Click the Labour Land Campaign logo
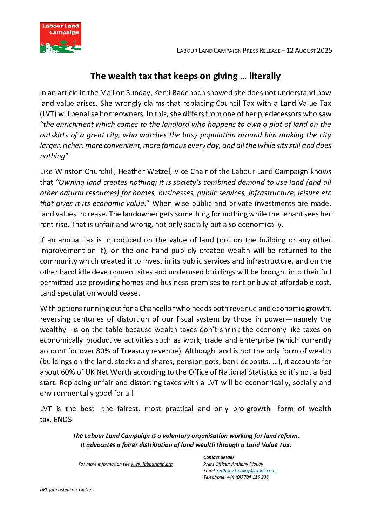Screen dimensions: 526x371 click(61, 38)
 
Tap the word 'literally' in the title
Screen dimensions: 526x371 click(265, 76)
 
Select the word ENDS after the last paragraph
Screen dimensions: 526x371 click(63, 420)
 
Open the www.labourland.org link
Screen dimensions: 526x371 click(151, 464)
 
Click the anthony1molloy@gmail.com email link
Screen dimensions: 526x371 click(246, 471)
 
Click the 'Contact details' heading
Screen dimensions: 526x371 click(219, 457)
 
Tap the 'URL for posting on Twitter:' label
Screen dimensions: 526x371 click(67, 490)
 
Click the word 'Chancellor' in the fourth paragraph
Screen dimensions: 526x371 click(157, 309)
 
